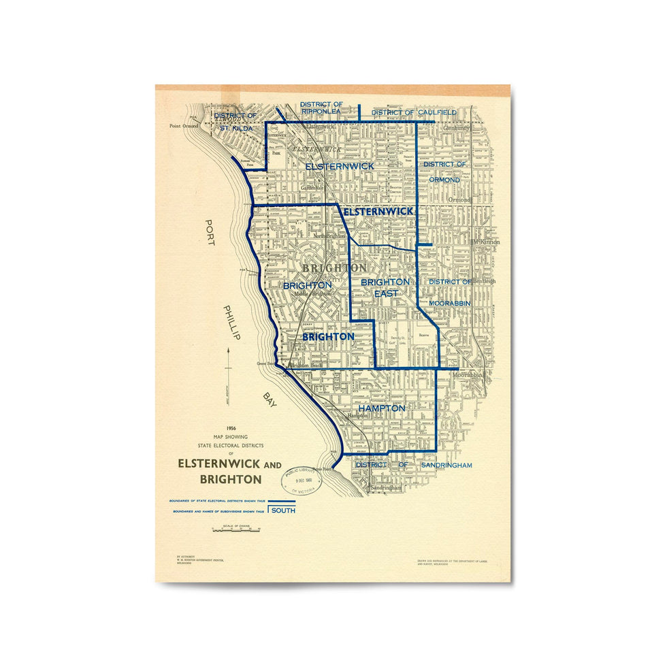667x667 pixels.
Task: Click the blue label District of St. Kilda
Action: pos(233,122)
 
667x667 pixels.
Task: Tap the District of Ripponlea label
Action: pos(321,108)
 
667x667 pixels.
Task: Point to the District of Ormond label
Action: pos(445,172)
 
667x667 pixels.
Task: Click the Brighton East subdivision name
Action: pos(385,287)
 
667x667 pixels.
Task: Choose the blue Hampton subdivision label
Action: pos(382,408)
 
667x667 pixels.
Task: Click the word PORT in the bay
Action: pos(210,233)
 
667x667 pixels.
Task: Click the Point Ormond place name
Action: pos(184,126)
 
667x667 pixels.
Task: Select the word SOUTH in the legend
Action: pos(283,510)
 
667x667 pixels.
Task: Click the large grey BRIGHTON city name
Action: pos(334,267)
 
